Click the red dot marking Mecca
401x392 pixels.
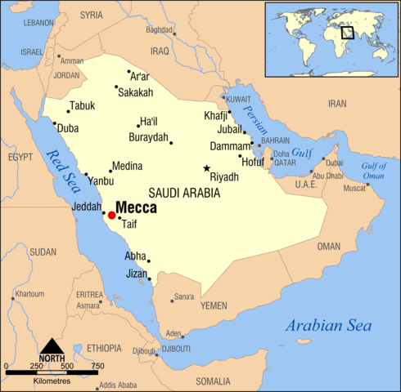tap(111, 216)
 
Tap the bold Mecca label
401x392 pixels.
tap(136, 207)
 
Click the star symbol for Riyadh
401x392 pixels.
tap(206, 168)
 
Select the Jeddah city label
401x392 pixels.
tap(87, 207)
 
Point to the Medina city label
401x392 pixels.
tap(127, 165)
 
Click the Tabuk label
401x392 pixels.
tap(82, 105)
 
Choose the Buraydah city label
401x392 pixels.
tap(148, 137)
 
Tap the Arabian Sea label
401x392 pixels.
tap(328, 326)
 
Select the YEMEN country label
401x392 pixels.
tap(214, 305)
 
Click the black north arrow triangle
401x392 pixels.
tap(52, 345)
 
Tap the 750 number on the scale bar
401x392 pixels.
tap(97, 365)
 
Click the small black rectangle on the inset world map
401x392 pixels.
tap(348, 33)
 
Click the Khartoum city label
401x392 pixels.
tap(29, 293)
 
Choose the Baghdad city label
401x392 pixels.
tap(160, 30)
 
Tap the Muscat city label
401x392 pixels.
tap(354, 189)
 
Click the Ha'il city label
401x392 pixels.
tap(147, 121)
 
